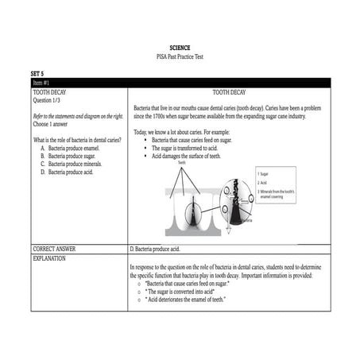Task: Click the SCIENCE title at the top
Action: tap(180, 48)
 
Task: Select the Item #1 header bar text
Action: tap(41, 82)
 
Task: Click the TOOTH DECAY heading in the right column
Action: tap(229, 92)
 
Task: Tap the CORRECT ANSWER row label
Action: tap(55, 249)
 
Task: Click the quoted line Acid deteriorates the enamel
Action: tap(186, 299)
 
